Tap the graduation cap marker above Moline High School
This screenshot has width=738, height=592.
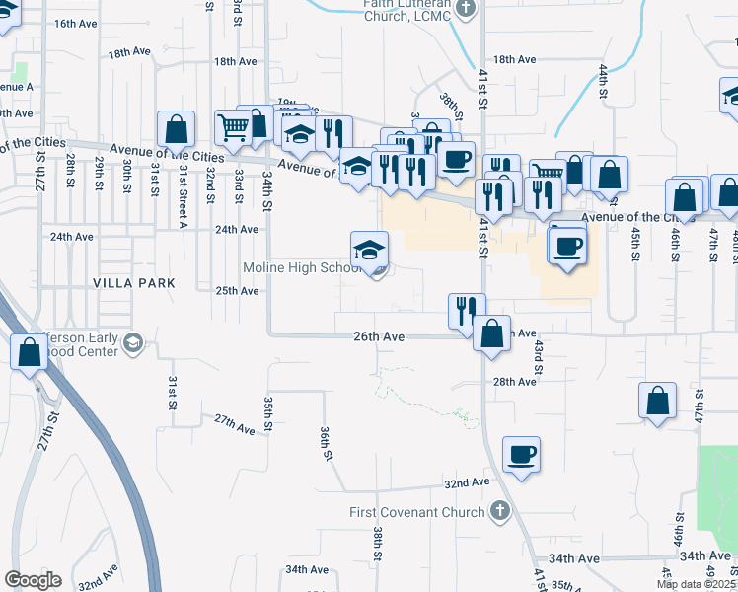(x=370, y=250)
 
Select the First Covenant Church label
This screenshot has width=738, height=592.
(x=417, y=512)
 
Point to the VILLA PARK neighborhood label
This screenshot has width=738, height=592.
(x=134, y=283)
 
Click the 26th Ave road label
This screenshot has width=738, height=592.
(x=379, y=336)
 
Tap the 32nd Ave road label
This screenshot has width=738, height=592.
(x=467, y=483)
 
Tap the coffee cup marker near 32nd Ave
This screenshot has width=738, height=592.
(x=521, y=456)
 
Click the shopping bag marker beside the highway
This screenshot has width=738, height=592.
(x=29, y=352)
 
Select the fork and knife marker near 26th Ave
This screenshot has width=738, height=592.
(x=466, y=310)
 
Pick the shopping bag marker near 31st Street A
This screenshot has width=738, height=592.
(x=176, y=129)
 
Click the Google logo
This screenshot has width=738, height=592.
(x=33, y=580)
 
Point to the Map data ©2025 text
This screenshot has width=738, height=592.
(x=697, y=584)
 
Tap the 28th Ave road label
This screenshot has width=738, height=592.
(x=514, y=382)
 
